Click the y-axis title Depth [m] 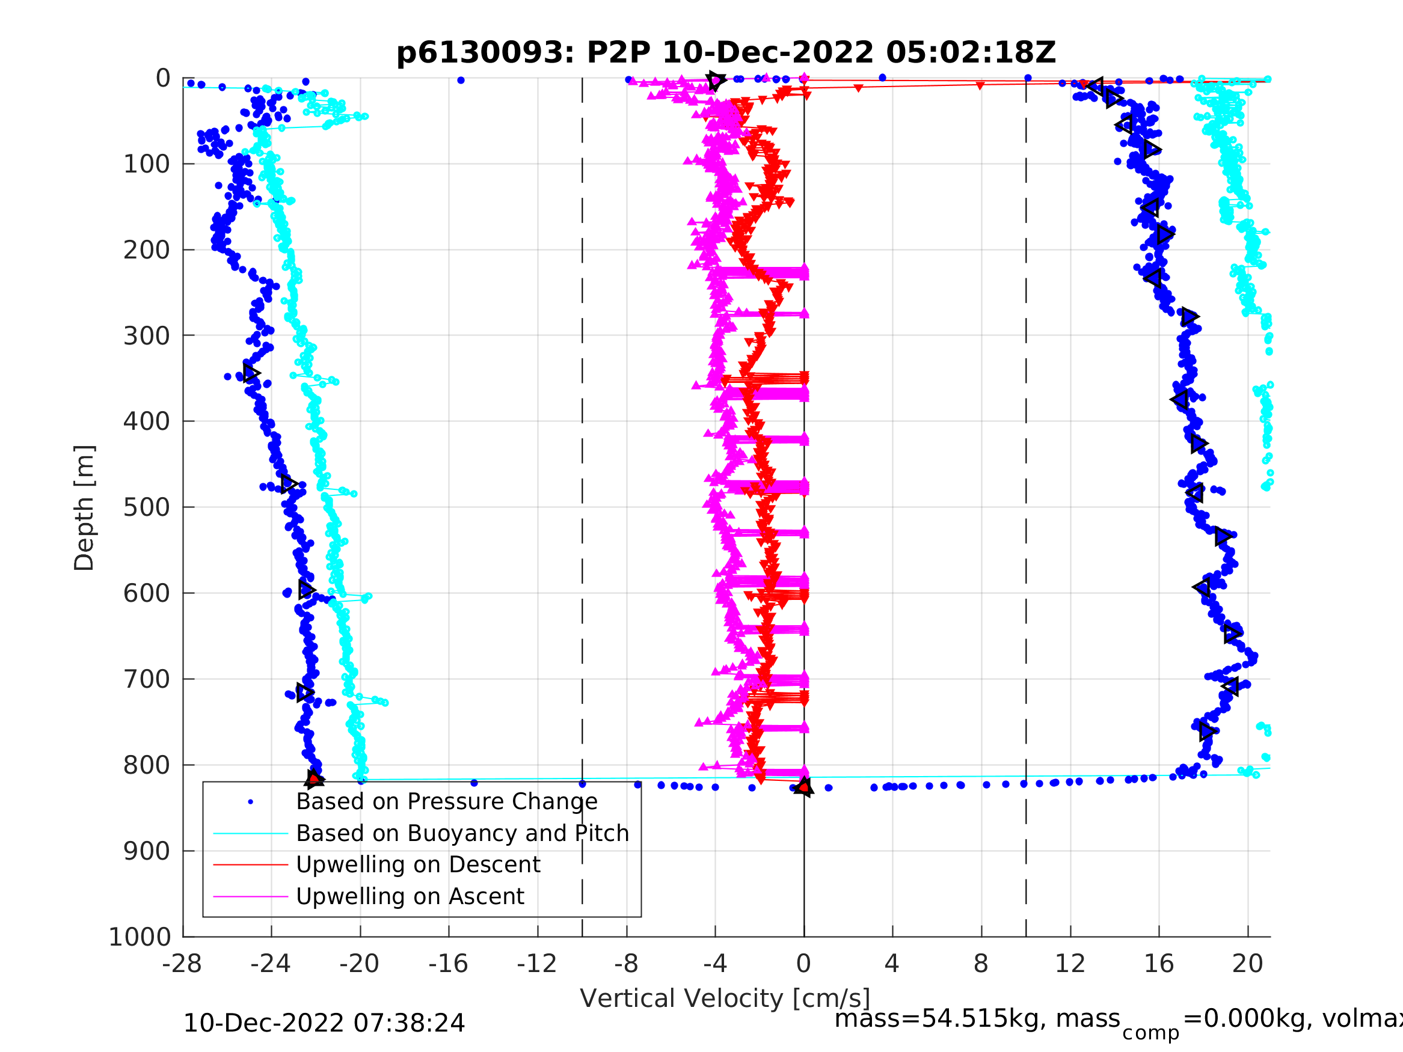click(84, 508)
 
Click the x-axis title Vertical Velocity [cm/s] click(725, 998)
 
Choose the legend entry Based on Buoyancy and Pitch click(462, 833)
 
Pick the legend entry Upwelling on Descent click(418, 864)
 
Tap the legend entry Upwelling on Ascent click(410, 896)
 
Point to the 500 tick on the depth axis click(147, 507)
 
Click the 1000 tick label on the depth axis click(140, 937)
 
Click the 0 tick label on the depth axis click(163, 79)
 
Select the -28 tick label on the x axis click(182, 964)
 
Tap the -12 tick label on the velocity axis click(536, 964)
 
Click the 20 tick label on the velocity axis click(1247, 964)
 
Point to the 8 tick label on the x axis click(981, 964)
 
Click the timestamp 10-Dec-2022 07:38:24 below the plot click(324, 1023)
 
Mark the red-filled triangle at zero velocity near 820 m click(803, 786)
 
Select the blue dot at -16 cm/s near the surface click(461, 81)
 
